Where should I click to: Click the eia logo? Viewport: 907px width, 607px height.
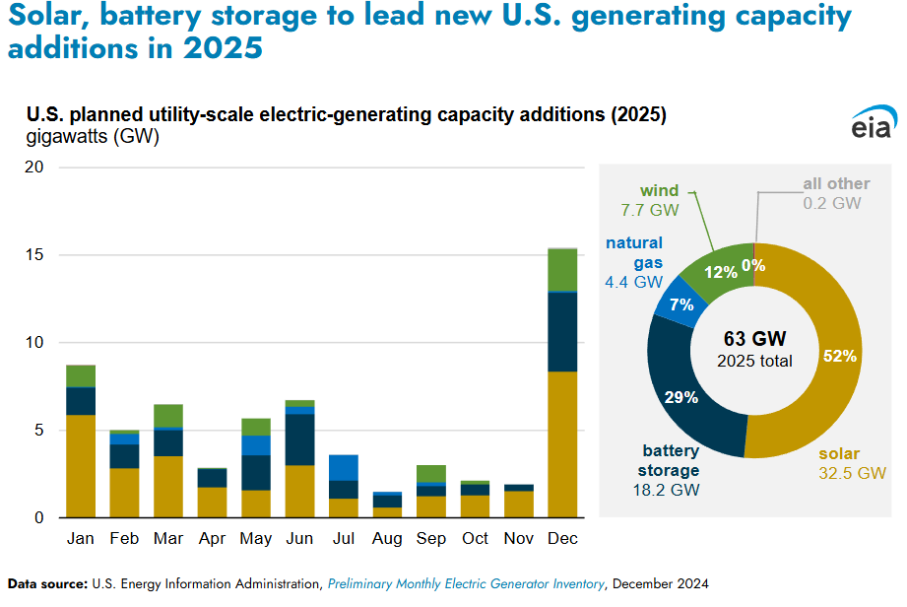pos(871,126)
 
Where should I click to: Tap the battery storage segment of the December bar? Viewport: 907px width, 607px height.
pos(562,332)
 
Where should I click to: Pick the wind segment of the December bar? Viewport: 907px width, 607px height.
pos(562,270)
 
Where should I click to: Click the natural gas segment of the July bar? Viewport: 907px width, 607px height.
pos(344,467)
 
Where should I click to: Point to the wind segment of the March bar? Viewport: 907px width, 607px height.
pos(168,415)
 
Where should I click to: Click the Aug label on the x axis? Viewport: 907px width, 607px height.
pos(387,539)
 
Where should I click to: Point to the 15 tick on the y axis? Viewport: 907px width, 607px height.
pos(35,255)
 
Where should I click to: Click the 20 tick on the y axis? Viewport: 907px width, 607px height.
pos(35,168)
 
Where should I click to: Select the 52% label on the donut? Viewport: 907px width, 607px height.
pos(840,356)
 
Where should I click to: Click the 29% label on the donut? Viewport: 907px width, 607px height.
pos(681,397)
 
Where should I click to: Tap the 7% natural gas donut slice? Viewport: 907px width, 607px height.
pos(680,304)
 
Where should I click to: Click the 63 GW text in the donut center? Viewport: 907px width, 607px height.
pos(754,340)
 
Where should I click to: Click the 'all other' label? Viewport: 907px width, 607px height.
pos(836,183)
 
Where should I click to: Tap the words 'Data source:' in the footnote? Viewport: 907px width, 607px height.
pos(46,583)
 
